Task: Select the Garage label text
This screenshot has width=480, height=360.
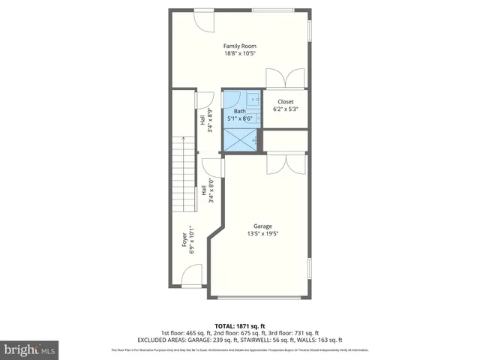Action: coord(262,226)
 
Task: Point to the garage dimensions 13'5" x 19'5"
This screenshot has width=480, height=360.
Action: coord(262,234)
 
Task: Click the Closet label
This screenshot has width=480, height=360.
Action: coord(286,102)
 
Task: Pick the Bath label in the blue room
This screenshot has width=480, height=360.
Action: coord(239,110)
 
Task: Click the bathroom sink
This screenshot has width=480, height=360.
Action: coord(254,98)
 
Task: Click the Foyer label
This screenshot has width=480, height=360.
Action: coord(185,241)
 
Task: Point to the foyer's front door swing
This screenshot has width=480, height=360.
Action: coord(190,279)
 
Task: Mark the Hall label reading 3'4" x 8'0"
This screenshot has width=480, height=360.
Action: coord(207,190)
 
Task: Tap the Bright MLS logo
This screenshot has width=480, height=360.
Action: coord(30,349)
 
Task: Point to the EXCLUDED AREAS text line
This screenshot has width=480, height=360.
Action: coord(240,340)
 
